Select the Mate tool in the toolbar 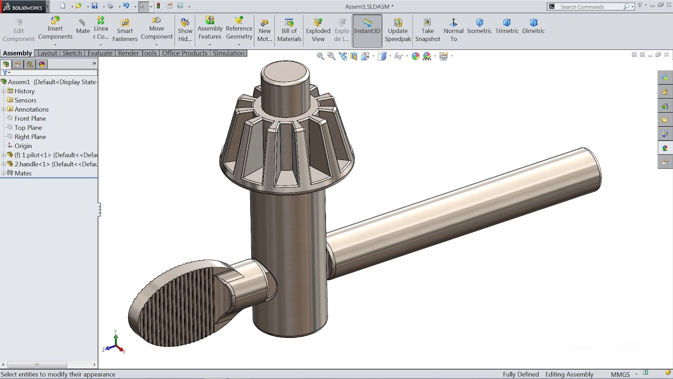[x=83, y=27]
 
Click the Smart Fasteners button [x=125, y=30]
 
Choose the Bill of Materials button [x=289, y=30]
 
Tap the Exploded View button [x=318, y=30]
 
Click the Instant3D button [x=367, y=27]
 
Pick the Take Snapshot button [x=427, y=30]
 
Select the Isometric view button [x=480, y=26]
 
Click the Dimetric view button [x=533, y=26]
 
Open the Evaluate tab [x=100, y=53]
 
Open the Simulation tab [x=229, y=53]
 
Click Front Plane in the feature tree [x=30, y=118]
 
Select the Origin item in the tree [x=23, y=146]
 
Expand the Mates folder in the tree [x=4, y=173]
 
